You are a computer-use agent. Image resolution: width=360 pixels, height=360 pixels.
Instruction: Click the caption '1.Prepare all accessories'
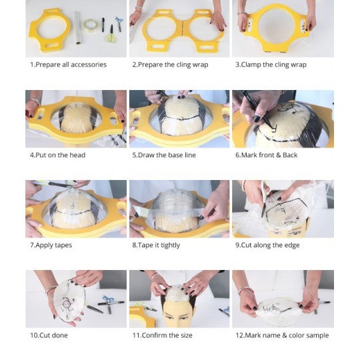tap(68, 65)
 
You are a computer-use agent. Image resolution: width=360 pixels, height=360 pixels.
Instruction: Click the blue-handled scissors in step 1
tap(119, 23)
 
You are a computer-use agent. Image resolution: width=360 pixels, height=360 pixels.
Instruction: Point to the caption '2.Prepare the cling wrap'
tap(170, 65)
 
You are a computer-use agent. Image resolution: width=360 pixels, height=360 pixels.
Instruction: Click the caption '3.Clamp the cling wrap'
tap(271, 65)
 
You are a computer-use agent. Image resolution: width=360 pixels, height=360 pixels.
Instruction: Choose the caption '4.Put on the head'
tap(57, 155)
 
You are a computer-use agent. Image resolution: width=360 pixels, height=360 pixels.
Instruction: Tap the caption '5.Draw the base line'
tap(164, 155)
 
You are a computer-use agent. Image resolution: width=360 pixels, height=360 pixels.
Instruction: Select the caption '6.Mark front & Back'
tap(266, 155)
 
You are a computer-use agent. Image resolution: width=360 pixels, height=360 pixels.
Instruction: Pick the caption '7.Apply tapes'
tap(51, 245)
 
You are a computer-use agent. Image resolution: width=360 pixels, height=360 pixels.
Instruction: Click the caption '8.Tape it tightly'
tap(156, 245)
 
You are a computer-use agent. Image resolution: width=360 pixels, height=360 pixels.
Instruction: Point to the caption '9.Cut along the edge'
tap(267, 245)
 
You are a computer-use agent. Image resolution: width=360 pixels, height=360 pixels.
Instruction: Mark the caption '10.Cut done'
tap(49, 335)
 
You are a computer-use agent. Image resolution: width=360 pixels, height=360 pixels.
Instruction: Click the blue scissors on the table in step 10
tap(109, 299)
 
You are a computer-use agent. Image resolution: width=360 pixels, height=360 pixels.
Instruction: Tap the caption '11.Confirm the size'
tap(162, 335)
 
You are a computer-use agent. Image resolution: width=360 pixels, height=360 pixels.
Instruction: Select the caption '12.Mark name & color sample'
tap(282, 335)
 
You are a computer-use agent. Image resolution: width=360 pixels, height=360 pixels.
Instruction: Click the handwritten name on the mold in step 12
tap(271, 309)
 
